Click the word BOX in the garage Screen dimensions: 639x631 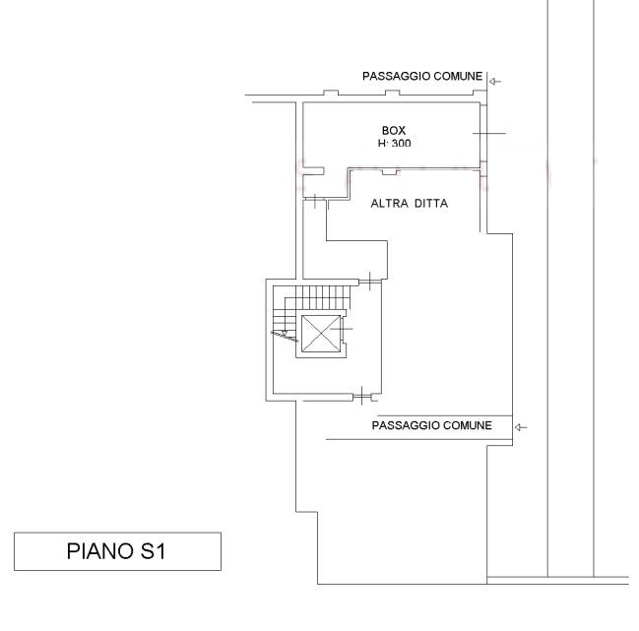click(x=394, y=130)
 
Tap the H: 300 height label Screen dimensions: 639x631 click(x=394, y=143)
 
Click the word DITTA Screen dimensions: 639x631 click(x=432, y=203)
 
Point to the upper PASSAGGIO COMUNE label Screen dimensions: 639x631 click(x=422, y=76)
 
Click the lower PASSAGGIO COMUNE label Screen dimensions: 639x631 click(x=431, y=425)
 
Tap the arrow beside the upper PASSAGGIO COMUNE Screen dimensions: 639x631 click(x=494, y=82)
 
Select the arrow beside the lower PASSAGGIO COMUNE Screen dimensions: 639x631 click(x=521, y=427)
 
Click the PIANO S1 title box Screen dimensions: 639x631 click(x=117, y=551)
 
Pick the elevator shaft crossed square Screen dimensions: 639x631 click(x=320, y=334)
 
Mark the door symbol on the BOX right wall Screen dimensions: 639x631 click(x=488, y=133)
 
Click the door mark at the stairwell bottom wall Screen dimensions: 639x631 click(x=362, y=396)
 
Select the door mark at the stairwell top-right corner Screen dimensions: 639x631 click(x=369, y=281)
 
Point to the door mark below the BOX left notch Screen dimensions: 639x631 click(x=315, y=201)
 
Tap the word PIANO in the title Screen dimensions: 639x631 click(x=99, y=551)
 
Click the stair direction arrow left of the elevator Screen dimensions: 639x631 click(x=285, y=336)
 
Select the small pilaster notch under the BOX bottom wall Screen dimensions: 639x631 click(x=390, y=172)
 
